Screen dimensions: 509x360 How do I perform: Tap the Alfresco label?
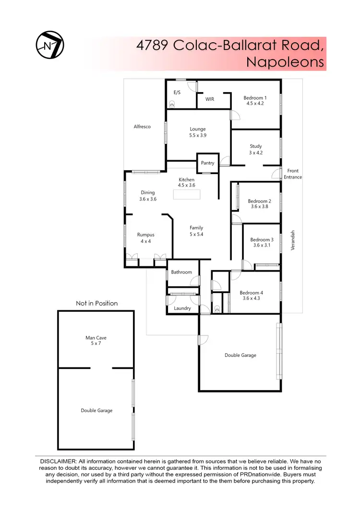142,127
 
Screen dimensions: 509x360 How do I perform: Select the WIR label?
210,99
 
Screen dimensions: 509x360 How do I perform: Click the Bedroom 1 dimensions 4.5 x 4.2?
255,103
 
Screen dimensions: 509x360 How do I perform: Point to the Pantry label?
207,163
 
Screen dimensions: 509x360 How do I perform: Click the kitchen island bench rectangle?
187,194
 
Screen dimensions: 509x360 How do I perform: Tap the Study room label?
256,146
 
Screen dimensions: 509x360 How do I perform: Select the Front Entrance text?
293,174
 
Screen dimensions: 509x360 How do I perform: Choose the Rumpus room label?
145,235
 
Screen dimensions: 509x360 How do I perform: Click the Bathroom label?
181,272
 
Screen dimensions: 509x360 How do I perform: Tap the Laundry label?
182,308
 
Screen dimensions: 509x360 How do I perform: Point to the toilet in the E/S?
172,103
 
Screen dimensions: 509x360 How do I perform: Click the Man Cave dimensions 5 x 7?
93,343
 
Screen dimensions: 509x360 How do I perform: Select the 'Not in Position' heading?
96,303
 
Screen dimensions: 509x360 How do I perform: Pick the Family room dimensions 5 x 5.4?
196,234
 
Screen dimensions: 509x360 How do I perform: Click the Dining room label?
148,193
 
